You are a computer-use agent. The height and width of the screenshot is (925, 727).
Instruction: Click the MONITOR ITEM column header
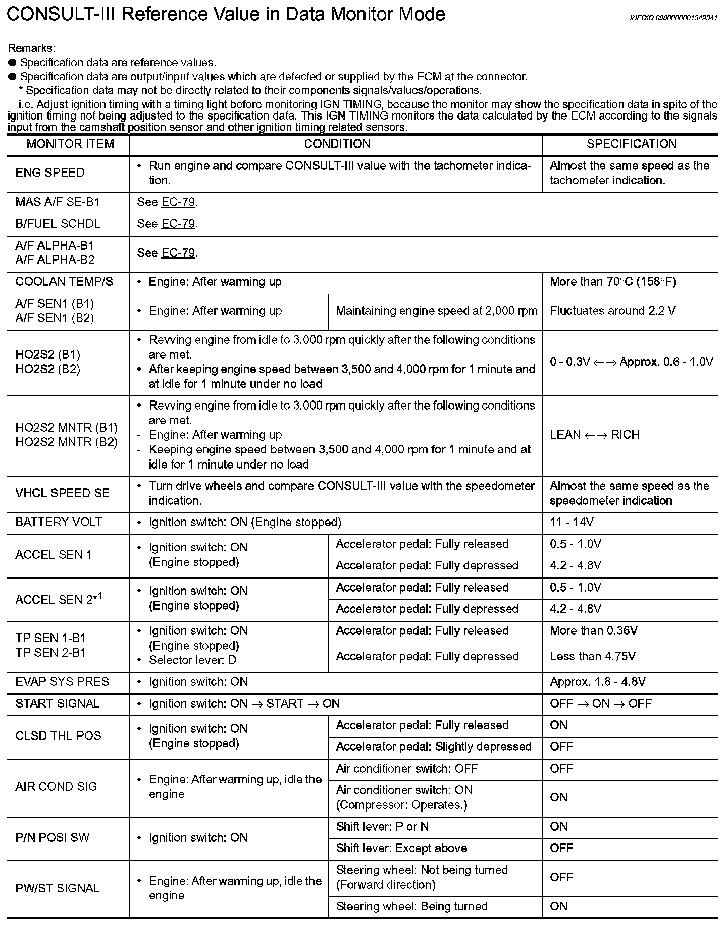coord(70,144)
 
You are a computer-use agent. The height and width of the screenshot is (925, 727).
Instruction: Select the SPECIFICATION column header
coord(631,144)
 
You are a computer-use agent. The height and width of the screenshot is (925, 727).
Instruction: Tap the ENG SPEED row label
coord(50,173)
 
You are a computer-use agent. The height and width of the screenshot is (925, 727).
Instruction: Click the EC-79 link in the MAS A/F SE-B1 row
coord(178,202)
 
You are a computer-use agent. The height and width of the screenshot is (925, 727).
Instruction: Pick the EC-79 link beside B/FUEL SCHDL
coord(178,224)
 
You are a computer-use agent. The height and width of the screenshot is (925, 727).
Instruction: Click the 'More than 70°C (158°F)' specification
coord(612,282)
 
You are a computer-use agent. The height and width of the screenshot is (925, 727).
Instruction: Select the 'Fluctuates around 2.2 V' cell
coord(612,311)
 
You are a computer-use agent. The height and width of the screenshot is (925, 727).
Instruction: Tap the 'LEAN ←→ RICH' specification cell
coord(594,435)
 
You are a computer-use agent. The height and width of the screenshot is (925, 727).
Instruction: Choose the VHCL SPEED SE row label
coord(62,493)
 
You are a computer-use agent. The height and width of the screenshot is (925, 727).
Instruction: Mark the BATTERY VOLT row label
coord(59,523)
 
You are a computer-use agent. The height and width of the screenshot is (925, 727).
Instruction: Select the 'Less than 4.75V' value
coord(592,656)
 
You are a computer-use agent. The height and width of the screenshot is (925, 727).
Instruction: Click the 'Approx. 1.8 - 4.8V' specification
coord(597,682)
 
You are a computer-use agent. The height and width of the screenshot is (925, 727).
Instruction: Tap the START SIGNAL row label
coord(58,704)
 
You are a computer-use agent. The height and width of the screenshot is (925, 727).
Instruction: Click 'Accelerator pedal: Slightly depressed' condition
coord(434,747)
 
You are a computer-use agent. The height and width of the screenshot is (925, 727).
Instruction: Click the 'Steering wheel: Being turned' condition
coord(411,906)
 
